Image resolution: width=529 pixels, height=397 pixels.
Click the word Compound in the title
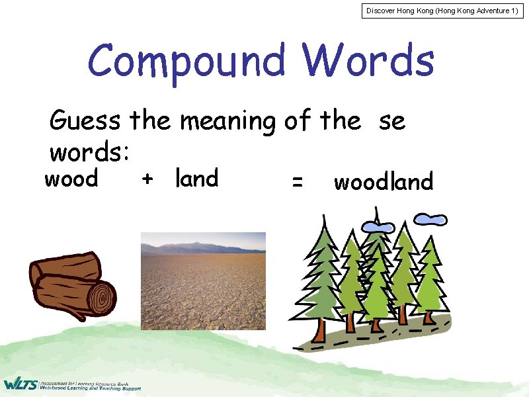[x=187, y=62]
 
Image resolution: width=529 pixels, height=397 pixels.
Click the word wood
[x=71, y=179]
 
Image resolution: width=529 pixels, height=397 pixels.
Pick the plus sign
[x=147, y=179]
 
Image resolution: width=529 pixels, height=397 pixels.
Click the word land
[x=196, y=178]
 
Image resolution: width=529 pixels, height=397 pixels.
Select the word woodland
[x=384, y=182]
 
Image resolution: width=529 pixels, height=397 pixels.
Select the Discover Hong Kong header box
[x=444, y=11]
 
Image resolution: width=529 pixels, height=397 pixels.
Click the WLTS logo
[x=20, y=384]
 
